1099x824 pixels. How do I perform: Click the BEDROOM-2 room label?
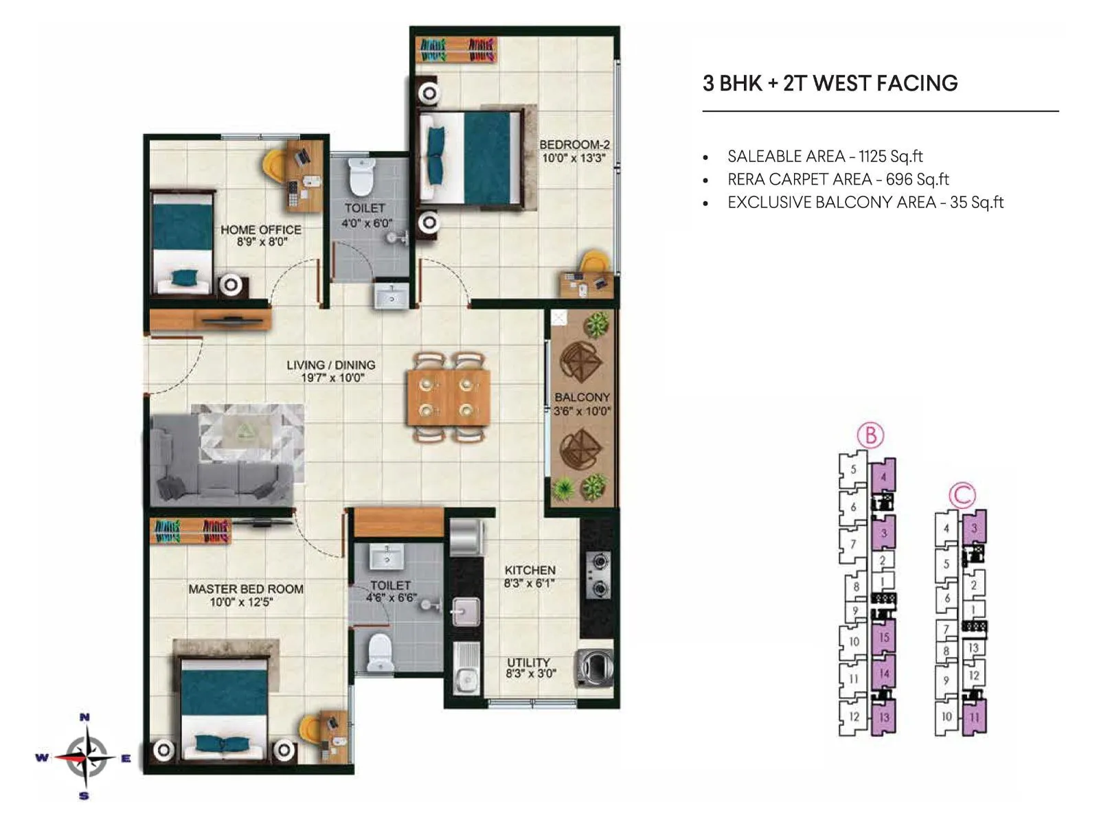(574, 145)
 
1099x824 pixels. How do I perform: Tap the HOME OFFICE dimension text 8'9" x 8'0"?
(262, 242)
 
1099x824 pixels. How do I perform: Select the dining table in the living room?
(449, 397)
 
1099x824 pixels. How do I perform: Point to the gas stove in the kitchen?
(598, 575)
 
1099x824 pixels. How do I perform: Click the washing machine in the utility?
(593, 667)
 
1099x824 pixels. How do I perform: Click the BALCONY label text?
(582, 398)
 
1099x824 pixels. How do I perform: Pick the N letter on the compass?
(84, 718)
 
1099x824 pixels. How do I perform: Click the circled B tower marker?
(870, 435)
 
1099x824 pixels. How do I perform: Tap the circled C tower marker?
(962, 495)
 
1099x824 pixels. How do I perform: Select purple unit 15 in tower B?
(884, 637)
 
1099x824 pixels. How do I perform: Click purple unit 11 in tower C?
(974, 718)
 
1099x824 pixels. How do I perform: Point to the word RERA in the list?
(745, 180)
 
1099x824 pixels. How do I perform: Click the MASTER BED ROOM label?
(245, 589)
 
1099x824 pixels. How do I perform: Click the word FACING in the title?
(919, 84)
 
